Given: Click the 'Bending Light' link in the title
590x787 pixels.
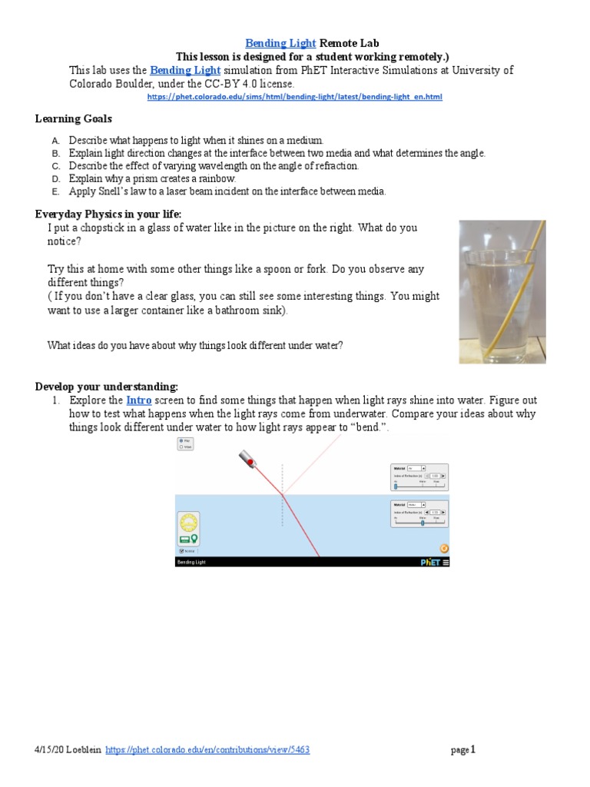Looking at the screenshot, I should (280, 44).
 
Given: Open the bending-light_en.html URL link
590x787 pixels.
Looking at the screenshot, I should (294, 98).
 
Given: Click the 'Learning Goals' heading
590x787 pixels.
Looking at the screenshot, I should (74, 118).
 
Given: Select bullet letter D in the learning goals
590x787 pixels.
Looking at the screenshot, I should (55, 178).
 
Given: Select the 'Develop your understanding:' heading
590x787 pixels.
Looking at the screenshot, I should (107, 386).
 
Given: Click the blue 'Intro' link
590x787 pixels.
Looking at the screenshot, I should (139, 400).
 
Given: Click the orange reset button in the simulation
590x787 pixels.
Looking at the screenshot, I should (443, 548).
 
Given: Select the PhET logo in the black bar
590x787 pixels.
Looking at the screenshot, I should (430, 562).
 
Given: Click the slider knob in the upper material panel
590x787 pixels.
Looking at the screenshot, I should (396, 486).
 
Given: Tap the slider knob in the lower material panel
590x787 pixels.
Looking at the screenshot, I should (423, 523).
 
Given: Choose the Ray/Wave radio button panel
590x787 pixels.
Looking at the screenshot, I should (185, 443).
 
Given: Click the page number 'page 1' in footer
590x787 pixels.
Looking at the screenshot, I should (463, 750).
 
